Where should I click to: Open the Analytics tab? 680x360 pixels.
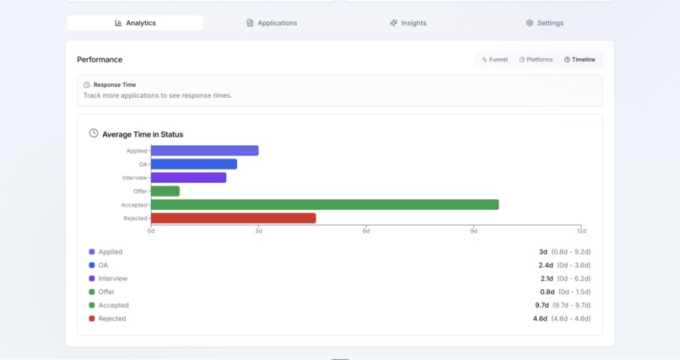tap(135, 23)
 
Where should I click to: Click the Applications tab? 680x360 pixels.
tap(272, 23)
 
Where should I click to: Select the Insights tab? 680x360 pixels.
tap(408, 23)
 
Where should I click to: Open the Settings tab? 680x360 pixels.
tap(544, 23)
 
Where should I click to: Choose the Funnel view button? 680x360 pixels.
tap(494, 60)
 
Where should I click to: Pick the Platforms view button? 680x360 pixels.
tap(536, 60)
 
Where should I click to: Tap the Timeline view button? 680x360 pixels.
tap(580, 60)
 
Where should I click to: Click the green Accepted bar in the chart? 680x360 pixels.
tap(325, 205)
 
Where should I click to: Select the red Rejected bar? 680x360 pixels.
tap(233, 218)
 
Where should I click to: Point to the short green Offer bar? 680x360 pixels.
tap(165, 191)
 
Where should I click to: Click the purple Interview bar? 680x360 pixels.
tap(188, 178)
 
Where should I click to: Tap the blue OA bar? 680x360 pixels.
tap(194, 164)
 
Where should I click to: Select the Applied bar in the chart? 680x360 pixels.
tap(204, 151)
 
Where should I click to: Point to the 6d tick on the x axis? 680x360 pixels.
tap(366, 231)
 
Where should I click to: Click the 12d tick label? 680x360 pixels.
tap(581, 231)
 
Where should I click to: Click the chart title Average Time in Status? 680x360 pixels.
tap(143, 134)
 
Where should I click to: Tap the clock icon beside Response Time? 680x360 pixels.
tap(86, 85)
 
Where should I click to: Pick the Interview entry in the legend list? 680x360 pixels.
tap(112, 278)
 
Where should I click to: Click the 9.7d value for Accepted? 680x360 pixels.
tap(542, 305)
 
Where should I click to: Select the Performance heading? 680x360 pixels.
tap(100, 60)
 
